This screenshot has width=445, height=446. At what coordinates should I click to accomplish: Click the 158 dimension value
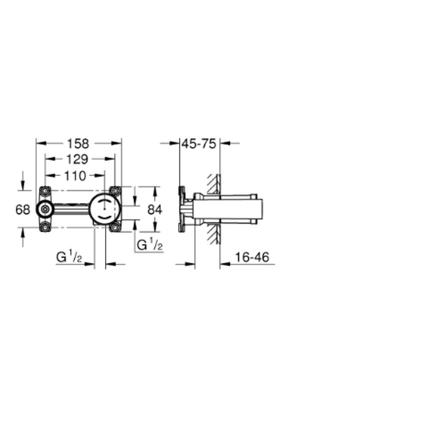coord(78,144)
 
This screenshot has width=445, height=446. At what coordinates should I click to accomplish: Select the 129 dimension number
coord(77,160)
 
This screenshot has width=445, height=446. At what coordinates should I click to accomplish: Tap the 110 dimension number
coord(75,176)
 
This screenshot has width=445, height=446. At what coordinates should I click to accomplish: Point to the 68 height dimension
coord(23,210)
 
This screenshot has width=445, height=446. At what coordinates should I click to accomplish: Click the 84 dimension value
coord(155,210)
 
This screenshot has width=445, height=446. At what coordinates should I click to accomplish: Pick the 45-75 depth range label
coord(199,144)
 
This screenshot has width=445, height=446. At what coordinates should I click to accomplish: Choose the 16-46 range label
coord(252,257)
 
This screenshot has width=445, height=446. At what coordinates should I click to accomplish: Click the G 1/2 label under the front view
coord(69,257)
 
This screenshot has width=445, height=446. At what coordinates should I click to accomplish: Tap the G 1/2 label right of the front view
coord(150,245)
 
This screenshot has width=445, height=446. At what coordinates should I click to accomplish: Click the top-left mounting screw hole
coord(45,191)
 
